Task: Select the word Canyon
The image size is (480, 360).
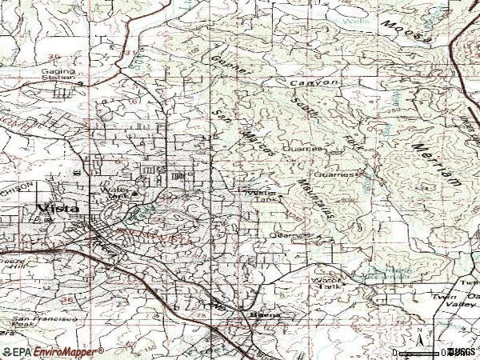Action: [319, 83]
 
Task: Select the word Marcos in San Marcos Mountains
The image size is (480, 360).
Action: [262, 140]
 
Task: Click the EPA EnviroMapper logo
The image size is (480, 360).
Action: [52, 351]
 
